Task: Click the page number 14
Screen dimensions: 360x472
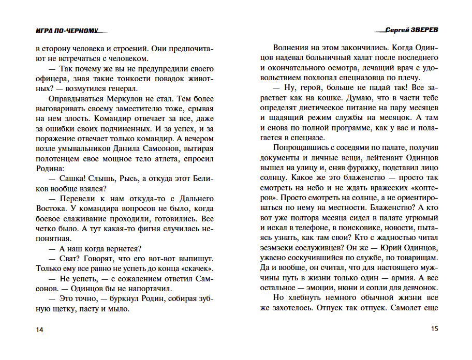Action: [x=40, y=330]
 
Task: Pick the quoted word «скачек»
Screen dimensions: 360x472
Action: [x=199, y=268]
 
